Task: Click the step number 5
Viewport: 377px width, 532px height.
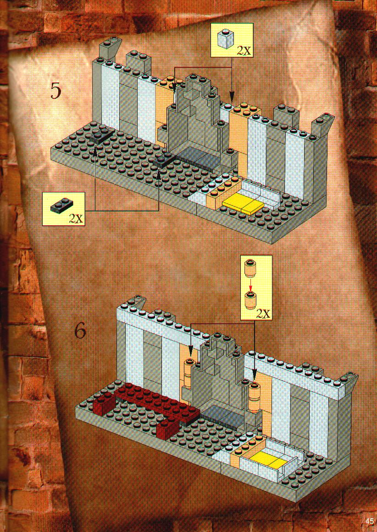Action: click(x=56, y=90)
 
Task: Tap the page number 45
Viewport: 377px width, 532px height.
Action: click(x=370, y=521)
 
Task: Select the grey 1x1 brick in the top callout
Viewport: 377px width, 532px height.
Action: click(x=225, y=38)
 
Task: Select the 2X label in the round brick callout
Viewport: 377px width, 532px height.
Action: click(x=264, y=314)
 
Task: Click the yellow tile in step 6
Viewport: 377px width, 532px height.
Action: click(x=267, y=461)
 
